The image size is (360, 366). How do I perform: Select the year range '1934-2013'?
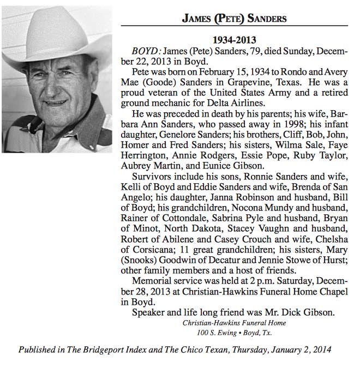click(x=233, y=40)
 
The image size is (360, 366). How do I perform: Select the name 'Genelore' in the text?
click(x=175, y=134)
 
